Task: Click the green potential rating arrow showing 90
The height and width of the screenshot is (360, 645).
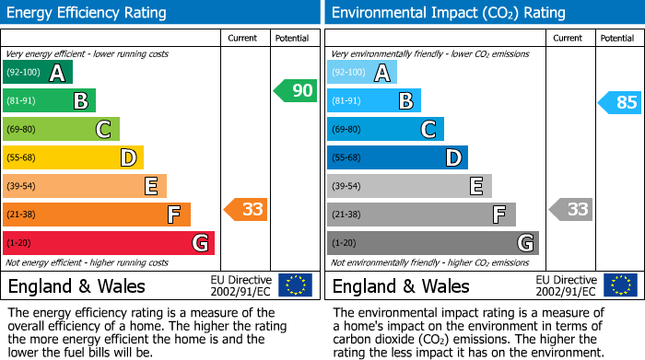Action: [x=295, y=91]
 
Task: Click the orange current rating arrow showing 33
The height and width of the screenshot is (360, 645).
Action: [x=246, y=209]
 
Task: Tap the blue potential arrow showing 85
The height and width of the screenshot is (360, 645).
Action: [x=620, y=102]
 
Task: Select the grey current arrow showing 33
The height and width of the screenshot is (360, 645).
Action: [x=570, y=209]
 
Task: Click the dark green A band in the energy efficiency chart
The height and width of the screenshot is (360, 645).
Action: [x=38, y=73]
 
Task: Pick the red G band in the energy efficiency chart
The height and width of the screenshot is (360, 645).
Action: [x=109, y=243]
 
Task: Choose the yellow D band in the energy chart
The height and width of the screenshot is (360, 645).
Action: [x=73, y=158]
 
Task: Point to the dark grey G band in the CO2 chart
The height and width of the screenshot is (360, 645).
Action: [x=432, y=243]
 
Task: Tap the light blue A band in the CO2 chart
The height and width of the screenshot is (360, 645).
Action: [x=362, y=73]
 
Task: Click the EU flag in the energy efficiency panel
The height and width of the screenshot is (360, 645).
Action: [x=295, y=285]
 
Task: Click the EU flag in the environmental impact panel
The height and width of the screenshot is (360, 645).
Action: [x=619, y=285]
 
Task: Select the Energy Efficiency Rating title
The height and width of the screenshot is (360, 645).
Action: [x=88, y=13]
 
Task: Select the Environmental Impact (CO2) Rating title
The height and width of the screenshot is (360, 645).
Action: [x=448, y=13]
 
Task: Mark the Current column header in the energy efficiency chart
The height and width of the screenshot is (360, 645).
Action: [x=242, y=38]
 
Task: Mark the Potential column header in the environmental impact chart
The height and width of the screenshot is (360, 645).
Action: [x=616, y=38]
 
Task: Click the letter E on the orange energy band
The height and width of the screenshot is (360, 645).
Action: [x=151, y=187]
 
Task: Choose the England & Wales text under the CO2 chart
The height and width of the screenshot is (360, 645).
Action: [x=401, y=285]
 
